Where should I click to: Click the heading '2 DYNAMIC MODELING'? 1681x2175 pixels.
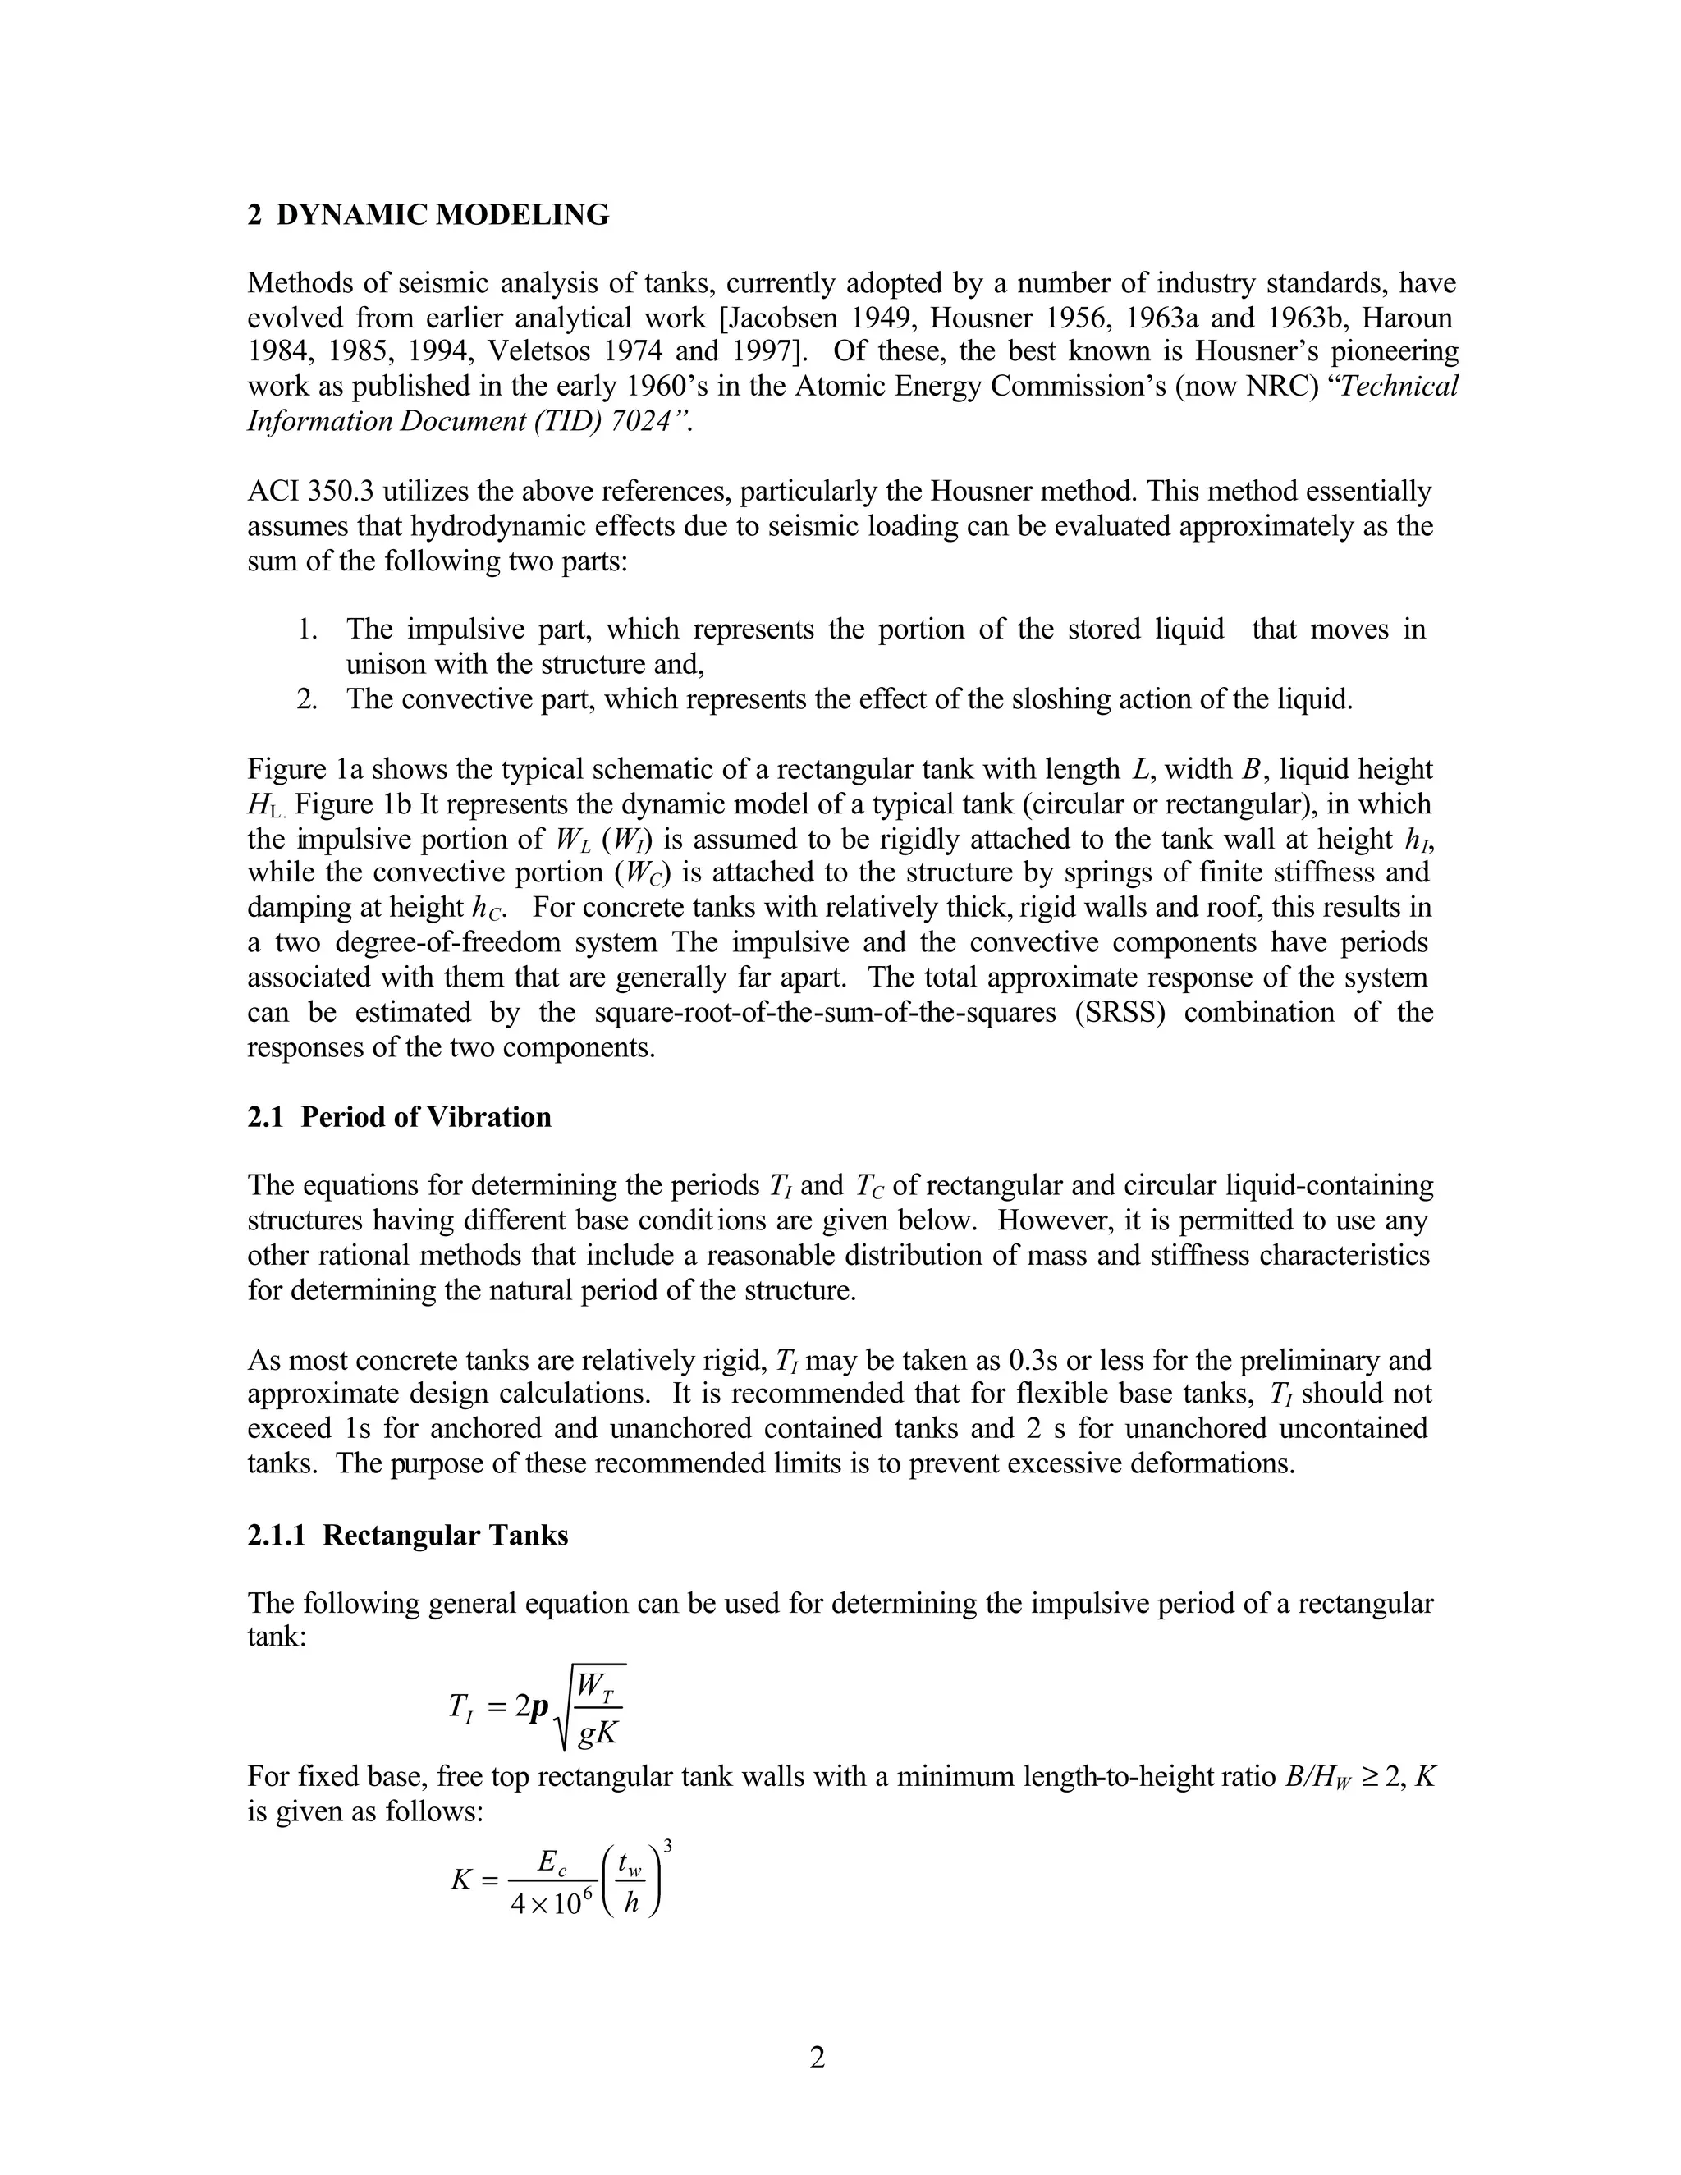tap(428, 215)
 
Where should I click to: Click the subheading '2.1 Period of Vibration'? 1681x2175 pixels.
tap(398, 1117)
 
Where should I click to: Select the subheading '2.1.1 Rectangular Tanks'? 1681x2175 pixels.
tap(407, 1535)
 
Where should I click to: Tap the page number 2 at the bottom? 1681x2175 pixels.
tap(817, 2058)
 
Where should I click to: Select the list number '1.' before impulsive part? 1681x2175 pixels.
tap(308, 630)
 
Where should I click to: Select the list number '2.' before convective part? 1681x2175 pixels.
tap(308, 699)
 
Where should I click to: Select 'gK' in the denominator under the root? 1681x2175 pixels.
tap(599, 1733)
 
